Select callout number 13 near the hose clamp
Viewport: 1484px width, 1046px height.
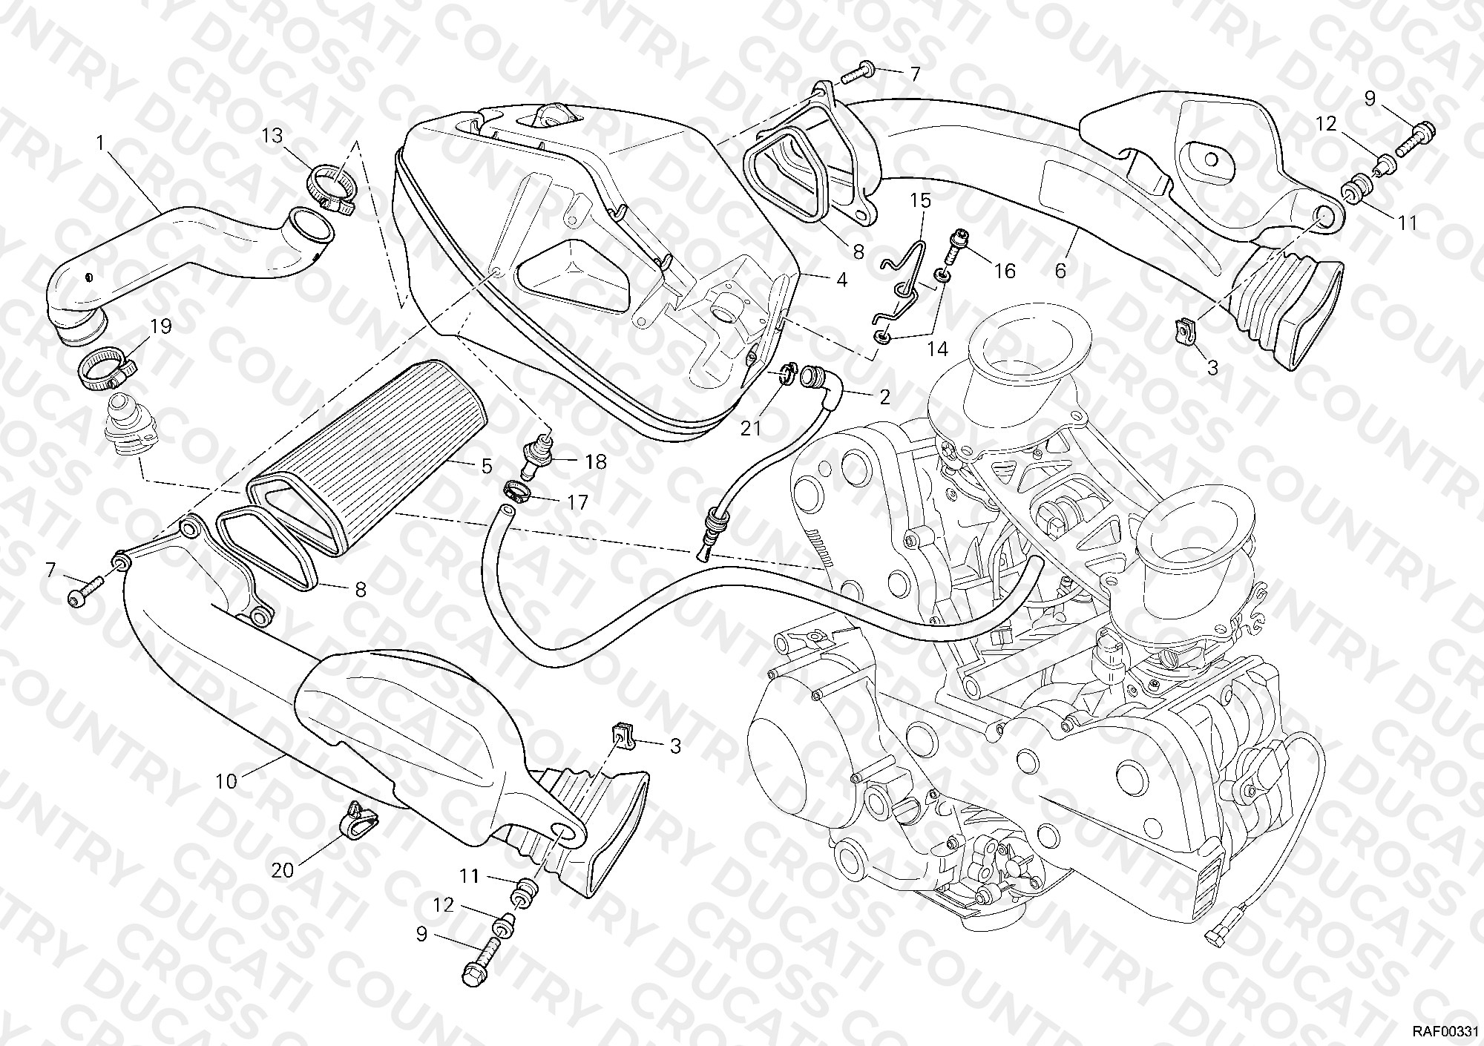click(272, 136)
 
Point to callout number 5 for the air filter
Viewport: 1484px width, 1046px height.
click(486, 466)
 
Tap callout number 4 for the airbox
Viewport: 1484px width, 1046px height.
click(841, 280)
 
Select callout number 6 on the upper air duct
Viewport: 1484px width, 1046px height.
click(1060, 271)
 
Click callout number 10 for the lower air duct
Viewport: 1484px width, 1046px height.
click(227, 780)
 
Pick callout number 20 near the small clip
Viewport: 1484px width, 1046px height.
click(283, 869)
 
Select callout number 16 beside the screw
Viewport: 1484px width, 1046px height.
click(1005, 271)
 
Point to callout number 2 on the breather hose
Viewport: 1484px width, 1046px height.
click(884, 397)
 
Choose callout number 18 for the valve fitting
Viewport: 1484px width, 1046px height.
click(595, 462)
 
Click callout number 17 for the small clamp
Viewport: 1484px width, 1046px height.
click(577, 502)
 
